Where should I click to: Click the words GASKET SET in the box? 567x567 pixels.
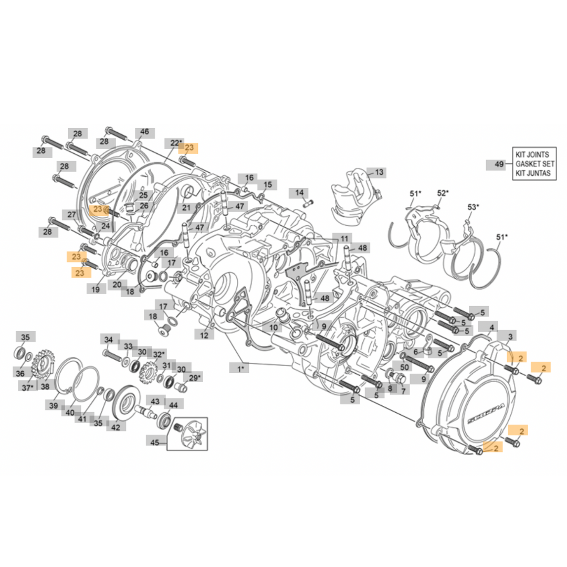[532, 164]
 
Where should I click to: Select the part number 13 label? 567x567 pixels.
[379, 172]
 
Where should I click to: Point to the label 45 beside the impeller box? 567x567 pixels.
[155, 443]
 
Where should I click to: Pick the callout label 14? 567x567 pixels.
[299, 193]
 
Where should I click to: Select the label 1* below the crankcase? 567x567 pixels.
[240, 369]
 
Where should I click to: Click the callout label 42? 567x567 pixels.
[115, 427]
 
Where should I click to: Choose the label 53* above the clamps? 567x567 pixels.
[473, 207]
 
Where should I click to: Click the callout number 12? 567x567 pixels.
[204, 334]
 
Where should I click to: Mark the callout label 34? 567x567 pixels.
[109, 339]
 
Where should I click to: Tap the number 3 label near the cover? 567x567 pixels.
[511, 335]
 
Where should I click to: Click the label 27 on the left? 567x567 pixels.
[72, 214]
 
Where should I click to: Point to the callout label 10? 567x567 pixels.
[274, 327]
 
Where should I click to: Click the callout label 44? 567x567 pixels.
[173, 404]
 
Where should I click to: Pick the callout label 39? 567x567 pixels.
[54, 405]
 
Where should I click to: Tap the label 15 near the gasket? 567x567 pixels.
[268, 185]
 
